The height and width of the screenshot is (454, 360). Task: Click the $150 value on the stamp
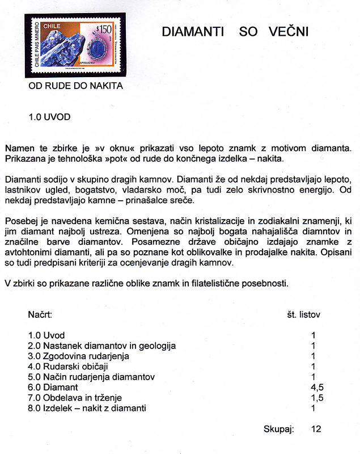pos(103,28)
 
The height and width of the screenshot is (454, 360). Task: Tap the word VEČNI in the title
pos(288,32)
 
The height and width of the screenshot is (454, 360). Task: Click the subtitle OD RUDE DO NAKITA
pos(75,86)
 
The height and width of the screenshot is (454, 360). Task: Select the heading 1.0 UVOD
pos(49,117)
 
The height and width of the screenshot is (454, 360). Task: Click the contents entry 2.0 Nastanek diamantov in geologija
pos(101,346)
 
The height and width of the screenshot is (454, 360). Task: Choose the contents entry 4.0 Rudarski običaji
pos(68,367)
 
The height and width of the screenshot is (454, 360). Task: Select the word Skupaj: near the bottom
pos(278,429)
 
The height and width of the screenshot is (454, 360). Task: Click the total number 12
pos(316,429)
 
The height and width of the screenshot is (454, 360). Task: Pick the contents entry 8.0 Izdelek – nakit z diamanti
pos(87,407)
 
